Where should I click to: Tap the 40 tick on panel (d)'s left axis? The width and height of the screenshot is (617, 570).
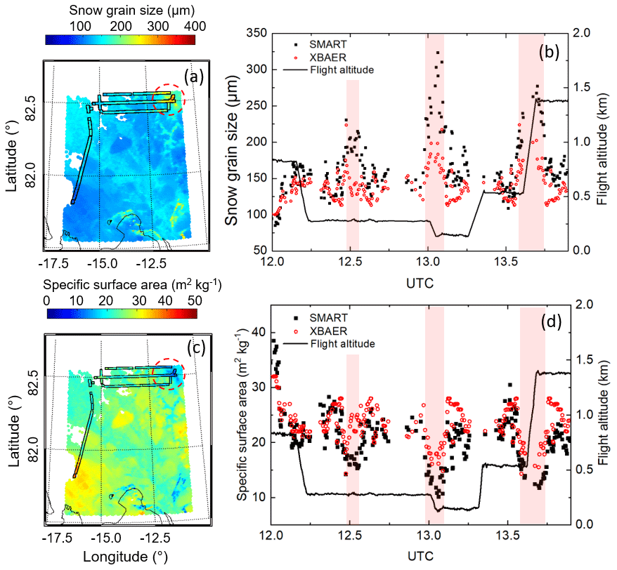tap(257, 332)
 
